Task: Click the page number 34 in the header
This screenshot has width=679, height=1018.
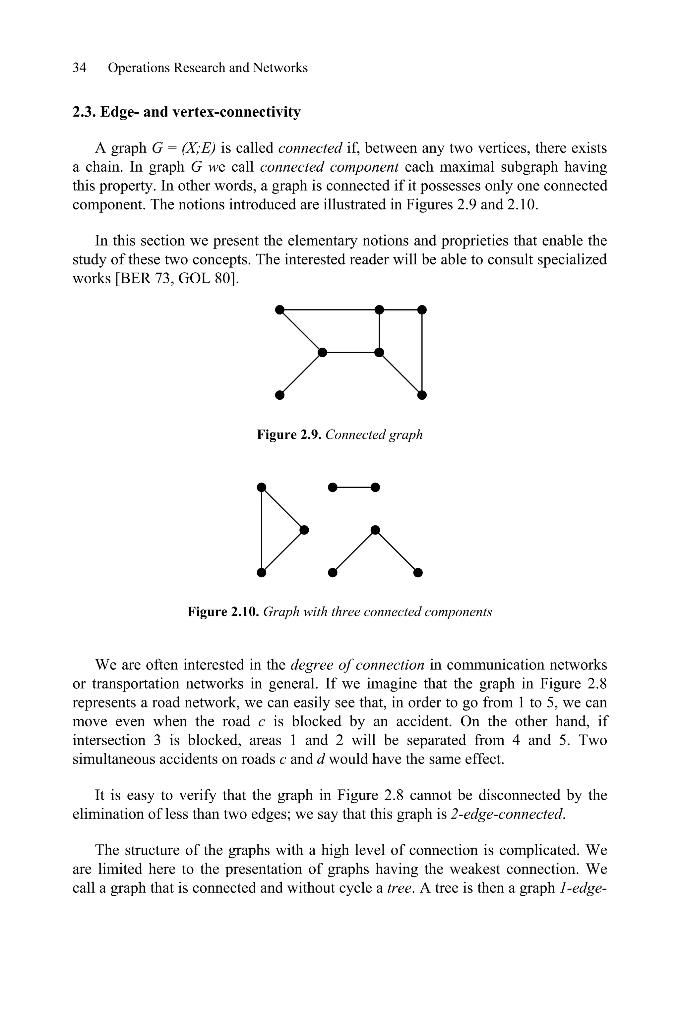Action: (x=79, y=68)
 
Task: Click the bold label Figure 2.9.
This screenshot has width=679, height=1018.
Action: (x=289, y=434)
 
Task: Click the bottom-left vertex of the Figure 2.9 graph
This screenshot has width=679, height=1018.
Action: (x=280, y=395)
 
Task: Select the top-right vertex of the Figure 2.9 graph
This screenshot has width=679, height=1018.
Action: (x=422, y=310)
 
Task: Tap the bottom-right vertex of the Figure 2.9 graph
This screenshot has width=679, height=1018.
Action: (x=422, y=395)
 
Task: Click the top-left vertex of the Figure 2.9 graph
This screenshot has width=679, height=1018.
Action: (x=280, y=310)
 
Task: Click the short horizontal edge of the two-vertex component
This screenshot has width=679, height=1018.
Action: (x=354, y=487)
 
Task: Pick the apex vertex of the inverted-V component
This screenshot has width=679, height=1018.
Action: (x=375, y=530)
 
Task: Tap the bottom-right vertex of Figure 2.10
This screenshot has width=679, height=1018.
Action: (x=418, y=573)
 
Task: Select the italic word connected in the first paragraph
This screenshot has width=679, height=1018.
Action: (x=310, y=148)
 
